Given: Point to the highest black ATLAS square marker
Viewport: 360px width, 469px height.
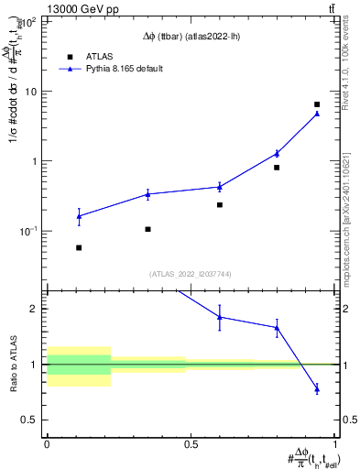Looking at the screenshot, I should coord(317,104).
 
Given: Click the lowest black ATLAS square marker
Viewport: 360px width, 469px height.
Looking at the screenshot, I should coord(79,247).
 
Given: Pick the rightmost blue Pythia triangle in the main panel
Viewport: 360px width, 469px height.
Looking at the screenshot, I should coord(317,114).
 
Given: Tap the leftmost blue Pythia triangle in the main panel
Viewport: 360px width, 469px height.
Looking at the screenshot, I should coord(79,216).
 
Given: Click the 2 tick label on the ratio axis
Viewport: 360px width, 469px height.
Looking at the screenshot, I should coord(38,309).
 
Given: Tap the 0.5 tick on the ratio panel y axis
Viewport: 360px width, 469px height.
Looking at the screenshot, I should coord(33,420).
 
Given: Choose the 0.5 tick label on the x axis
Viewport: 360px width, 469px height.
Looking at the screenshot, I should coord(191,444).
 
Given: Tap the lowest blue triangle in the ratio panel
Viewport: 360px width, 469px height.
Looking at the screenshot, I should coord(317,389).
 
